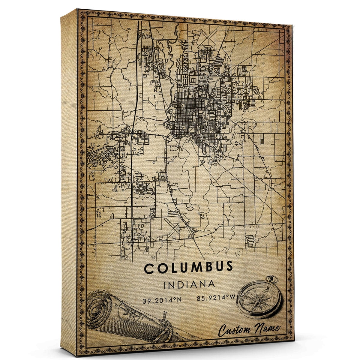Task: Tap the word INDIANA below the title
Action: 189,284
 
